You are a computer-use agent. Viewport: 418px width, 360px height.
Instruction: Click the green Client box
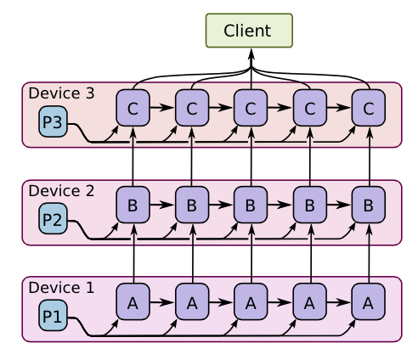[249, 31]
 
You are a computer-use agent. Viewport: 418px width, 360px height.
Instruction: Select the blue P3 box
[53, 121]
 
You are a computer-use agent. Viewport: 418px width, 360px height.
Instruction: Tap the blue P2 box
[53, 218]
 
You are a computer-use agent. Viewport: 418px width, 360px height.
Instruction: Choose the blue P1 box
[53, 315]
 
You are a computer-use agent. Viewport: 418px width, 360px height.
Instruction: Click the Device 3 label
[61, 93]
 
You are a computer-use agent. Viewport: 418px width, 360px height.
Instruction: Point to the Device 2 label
[61, 191]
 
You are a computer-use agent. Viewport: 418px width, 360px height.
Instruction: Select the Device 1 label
[61, 288]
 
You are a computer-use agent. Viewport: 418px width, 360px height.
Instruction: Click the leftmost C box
[133, 108]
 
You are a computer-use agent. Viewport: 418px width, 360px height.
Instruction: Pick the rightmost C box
[369, 108]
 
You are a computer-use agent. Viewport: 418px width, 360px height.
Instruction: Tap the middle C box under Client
[251, 108]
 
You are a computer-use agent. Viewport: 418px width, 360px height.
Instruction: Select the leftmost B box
[133, 205]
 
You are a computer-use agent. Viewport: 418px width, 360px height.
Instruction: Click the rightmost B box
[369, 205]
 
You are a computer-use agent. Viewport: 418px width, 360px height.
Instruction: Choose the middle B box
[251, 205]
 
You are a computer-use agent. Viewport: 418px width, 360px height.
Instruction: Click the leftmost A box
[133, 302]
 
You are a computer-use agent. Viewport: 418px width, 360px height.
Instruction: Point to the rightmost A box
[369, 302]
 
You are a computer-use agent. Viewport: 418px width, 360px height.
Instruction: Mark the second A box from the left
[192, 302]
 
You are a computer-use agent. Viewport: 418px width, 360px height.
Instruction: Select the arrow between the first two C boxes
[161, 108]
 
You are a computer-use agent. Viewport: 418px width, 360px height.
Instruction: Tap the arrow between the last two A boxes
[339, 302]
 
